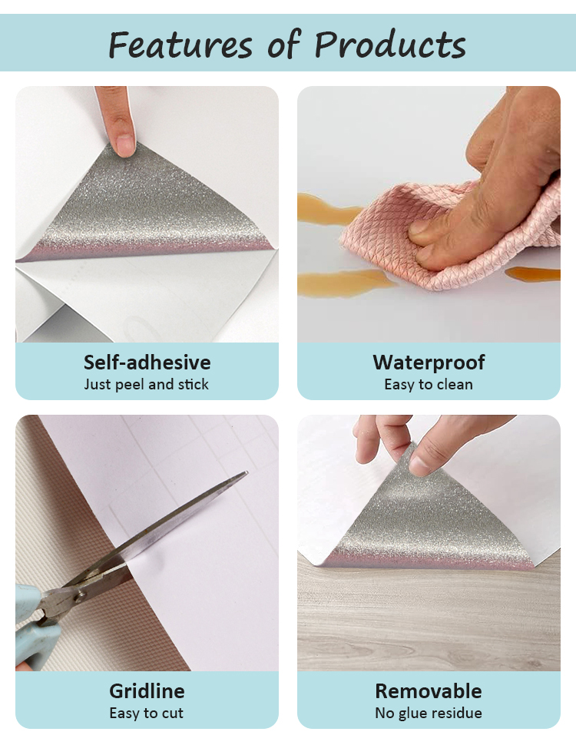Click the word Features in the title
click(180, 45)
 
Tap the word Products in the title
click(389, 45)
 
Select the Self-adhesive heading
click(147, 363)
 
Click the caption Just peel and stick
click(147, 384)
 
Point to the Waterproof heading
click(429, 363)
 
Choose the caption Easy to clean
click(429, 384)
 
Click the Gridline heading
click(147, 691)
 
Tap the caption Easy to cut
click(147, 713)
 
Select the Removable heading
click(429, 691)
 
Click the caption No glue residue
click(429, 713)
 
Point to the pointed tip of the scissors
click(247, 472)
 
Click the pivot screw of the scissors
click(81, 594)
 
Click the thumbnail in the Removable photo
click(420, 465)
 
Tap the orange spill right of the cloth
click(533, 273)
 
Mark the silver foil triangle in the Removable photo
click(428, 522)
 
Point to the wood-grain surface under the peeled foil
click(429, 618)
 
